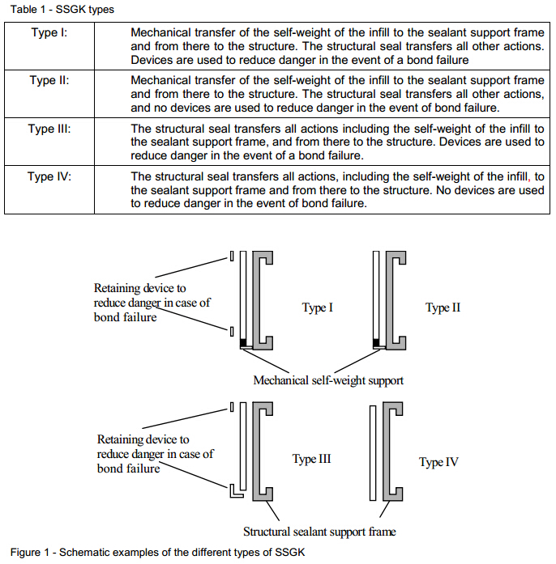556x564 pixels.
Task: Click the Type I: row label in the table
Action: point(49,34)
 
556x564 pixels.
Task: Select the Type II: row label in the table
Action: point(49,81)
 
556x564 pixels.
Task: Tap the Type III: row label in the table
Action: point(49,129)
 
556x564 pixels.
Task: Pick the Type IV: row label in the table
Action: point(49,176)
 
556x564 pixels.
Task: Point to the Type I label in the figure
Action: point(318,307)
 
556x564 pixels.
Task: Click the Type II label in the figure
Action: point(443,307)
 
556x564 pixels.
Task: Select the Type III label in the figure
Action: point(311,459)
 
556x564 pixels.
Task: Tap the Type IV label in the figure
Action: point(439,462)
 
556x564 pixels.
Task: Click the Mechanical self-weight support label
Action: point(328,380)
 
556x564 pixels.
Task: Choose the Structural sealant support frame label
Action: point(319,532)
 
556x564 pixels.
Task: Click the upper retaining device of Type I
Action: point(232,258)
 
